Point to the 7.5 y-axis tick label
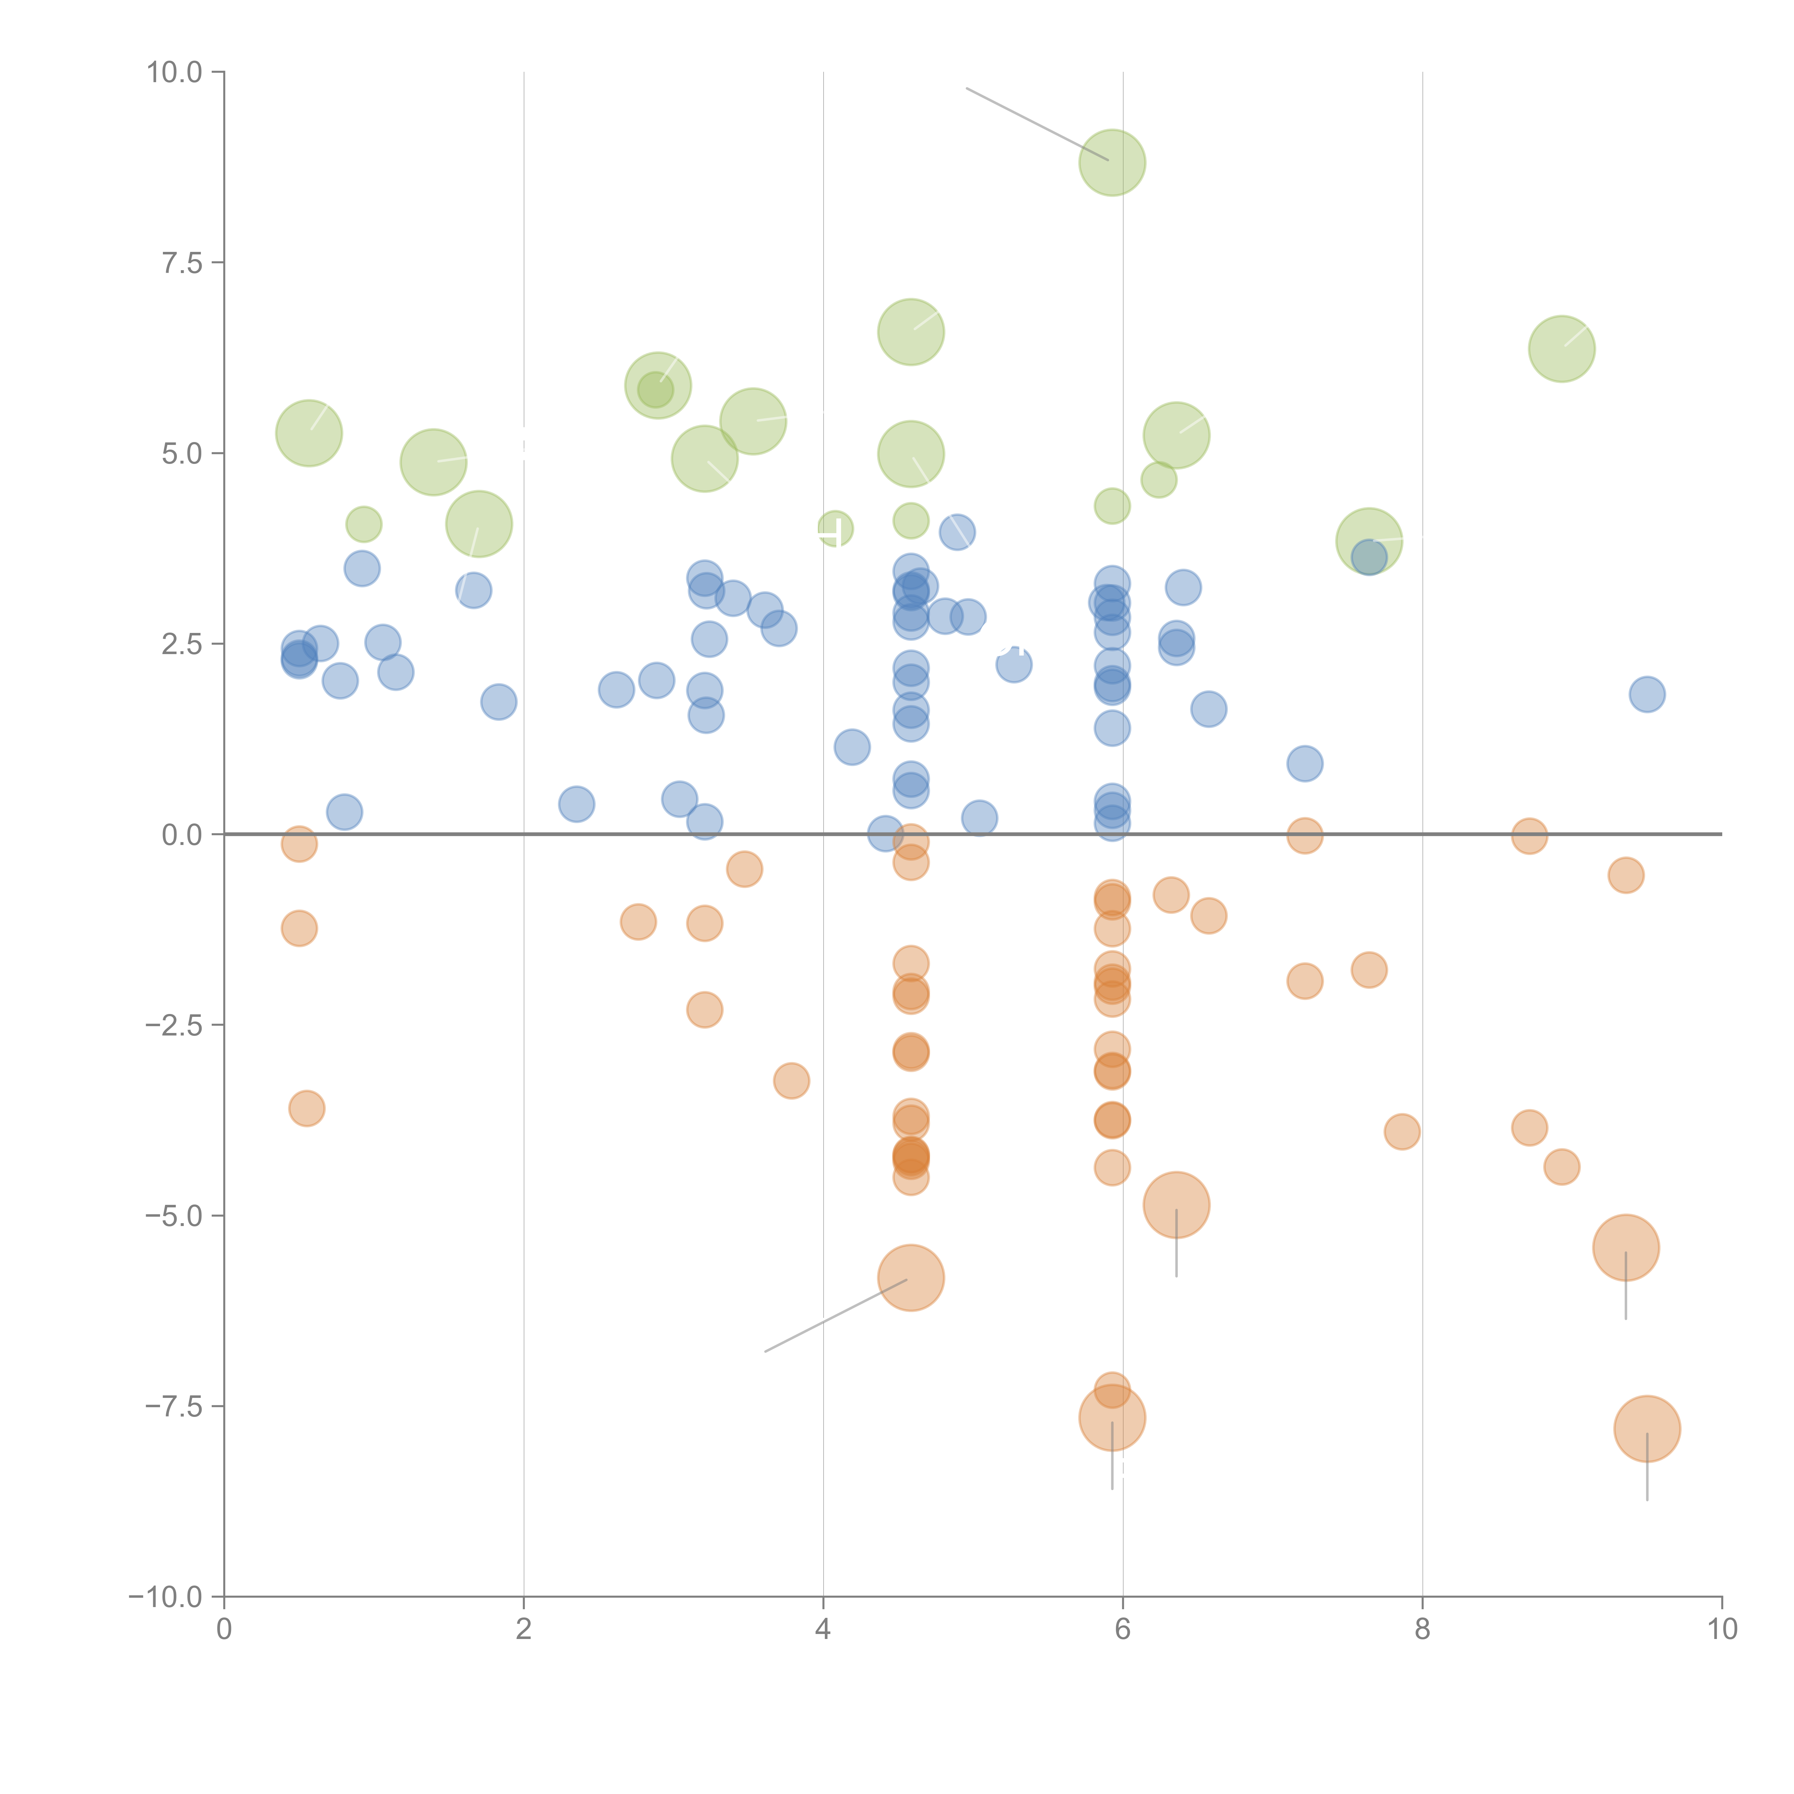(182, 263)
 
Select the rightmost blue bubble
(1647, 694)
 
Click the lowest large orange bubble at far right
(1647, 1428)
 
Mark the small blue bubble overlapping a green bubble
(1369, 557)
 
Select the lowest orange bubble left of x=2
(306, 1108)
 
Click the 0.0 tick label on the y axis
(182, 835)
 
